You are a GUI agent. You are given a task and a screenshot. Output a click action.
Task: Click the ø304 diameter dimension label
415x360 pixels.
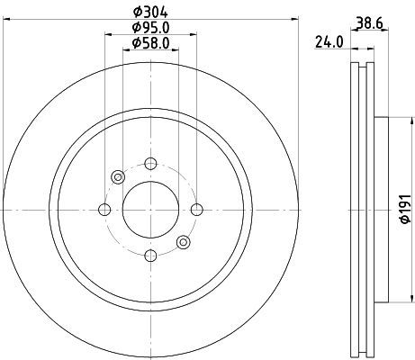[150, 12]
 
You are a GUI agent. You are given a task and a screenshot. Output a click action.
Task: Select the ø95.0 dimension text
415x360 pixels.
[150, 28]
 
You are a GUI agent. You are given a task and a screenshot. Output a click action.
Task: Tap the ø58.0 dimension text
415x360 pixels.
[150, 43]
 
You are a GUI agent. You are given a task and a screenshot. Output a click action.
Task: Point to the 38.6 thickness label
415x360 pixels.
[369, 22]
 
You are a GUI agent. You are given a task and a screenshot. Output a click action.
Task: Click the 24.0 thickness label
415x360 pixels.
[329, 42]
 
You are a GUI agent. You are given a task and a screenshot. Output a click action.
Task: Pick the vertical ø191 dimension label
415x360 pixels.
[405, 209]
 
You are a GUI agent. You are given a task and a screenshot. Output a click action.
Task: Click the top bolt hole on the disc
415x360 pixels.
[150, 164]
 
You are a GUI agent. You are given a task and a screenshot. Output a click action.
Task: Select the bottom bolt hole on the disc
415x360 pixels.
[150, 256]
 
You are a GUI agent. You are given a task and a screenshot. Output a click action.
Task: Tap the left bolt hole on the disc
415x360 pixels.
[104, 210]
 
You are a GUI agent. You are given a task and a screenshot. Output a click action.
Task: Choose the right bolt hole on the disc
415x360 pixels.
[197, 210]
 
